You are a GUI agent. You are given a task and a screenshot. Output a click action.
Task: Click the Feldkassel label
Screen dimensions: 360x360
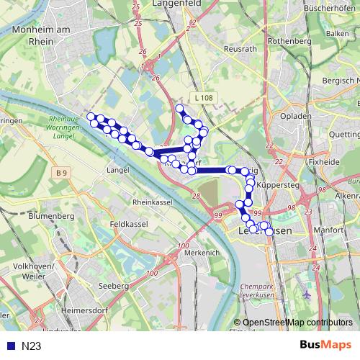coord(129,225)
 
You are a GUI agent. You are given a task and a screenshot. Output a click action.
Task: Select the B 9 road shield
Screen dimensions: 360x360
coord(63,172)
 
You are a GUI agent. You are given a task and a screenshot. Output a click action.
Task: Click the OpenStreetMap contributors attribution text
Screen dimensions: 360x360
coord(297,322)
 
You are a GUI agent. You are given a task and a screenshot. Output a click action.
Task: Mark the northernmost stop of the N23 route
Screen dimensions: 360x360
coord(180,109)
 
